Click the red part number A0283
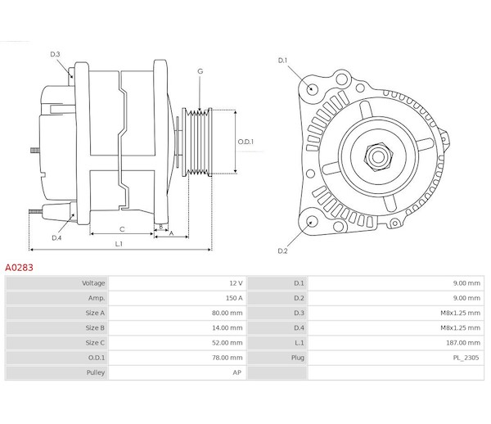point(19,268)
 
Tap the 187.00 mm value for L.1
point(463,343)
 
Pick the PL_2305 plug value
point(466,358)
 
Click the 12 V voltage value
point(236,283)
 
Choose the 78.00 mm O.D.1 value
point(227,358)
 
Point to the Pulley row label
point(96,372)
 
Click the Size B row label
point(95,328)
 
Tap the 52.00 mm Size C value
point(227,343)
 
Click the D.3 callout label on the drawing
point(55,54)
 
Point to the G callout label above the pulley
point(200,71)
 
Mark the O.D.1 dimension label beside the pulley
point(245,142)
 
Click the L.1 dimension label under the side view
point(119,244)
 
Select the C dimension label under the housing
point(122,229)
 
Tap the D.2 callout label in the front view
point(282,250)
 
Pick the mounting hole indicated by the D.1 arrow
point(312,88)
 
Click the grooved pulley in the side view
point(197,142)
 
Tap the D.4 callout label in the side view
point(56,238)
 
